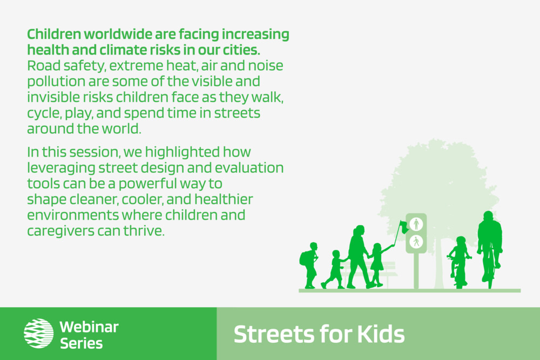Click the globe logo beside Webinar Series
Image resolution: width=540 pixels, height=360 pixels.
coord(38,333)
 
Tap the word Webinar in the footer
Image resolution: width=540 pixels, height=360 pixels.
coord(89,327)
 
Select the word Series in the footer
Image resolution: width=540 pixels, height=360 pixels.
coord(82,343)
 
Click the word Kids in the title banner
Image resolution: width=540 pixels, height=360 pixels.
coord(381,334)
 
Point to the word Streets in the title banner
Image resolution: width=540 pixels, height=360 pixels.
coord(275,334)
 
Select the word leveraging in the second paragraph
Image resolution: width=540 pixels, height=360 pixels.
coord(61,168)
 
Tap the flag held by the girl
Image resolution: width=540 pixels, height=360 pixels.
coord(404,227)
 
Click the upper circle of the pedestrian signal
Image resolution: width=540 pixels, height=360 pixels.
coord(416,225)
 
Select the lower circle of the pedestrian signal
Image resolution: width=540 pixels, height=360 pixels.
coord(416,242)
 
